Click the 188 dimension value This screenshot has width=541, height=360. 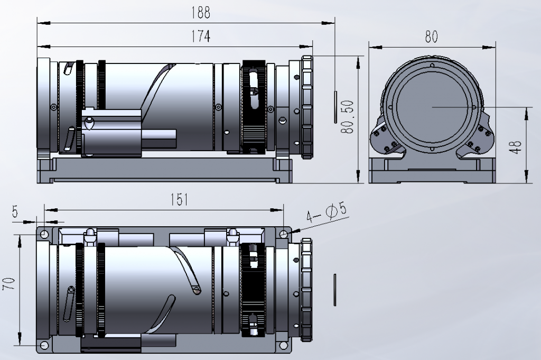(x=200, y=13)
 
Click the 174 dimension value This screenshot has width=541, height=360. (x=200, y=36)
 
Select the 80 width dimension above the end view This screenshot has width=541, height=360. (x=431, y=36)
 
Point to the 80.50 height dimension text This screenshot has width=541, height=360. (x=348, y=117)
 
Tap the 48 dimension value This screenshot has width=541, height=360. (x=516, y=147)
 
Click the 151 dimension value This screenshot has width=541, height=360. (x=179, y=199)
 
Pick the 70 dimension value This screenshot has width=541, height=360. (x=9, y=283)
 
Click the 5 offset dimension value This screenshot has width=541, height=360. (x=15, y=211)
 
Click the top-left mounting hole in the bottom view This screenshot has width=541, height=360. (x=44, y=235)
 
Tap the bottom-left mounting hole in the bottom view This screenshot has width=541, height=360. (x=44, y=345)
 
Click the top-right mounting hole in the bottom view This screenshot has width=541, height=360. (x=283, y=234)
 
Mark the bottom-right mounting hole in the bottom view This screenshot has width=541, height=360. (x=283, y=345)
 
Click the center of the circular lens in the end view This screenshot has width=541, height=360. (x=432, y=107)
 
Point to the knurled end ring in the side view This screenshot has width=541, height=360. (x=307, y=107)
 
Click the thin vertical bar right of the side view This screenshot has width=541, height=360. (x=335, y=107)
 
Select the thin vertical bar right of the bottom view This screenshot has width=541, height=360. (x=334, y=290)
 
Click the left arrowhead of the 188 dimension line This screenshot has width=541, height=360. (x=44, y=23)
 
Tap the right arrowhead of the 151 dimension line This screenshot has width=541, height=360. (x=277, y=210)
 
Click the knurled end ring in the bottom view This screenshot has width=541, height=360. (x=307, y=290)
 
